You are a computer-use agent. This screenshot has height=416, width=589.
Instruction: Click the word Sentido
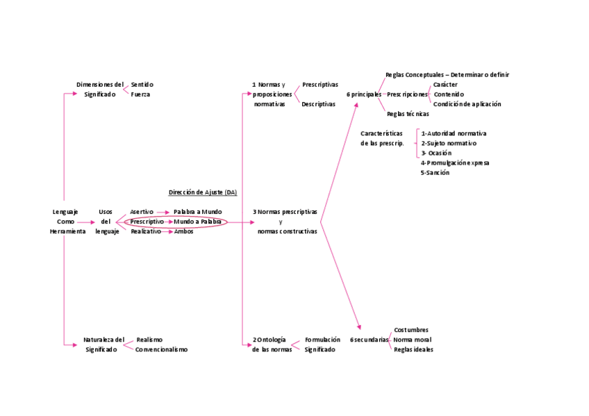pos(142,84)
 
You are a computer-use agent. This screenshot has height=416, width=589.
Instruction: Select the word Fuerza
pos(140,94)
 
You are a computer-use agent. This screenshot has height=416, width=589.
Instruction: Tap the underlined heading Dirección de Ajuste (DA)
pos(202,192)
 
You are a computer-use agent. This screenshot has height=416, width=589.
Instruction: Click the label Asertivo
pos(142,211)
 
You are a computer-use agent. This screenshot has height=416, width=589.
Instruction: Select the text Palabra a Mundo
pos(197,211)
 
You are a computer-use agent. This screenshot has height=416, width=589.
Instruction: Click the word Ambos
pos(183,231)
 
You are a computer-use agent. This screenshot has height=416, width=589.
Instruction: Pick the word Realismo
pos(149,340)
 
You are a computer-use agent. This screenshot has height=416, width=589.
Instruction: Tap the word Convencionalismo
pos(161,349)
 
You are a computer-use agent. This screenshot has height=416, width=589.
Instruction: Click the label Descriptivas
pos(318,103)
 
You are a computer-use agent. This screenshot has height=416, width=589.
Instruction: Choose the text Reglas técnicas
pos(408,113)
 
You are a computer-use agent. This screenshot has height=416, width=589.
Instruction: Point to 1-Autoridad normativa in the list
pos(454,133)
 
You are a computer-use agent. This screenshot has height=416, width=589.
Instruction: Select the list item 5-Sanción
pos(435,172)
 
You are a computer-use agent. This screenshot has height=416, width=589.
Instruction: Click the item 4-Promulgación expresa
pos(455,163)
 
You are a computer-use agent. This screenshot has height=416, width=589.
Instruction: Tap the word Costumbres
pos(410,330)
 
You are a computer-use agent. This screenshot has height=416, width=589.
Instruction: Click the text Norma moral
pos(412,340)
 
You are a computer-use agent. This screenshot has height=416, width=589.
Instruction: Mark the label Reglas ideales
pos(413,349)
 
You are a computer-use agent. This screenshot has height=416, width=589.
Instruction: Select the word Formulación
pos(322,340)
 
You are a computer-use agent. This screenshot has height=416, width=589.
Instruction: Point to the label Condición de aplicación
pos(467,103)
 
